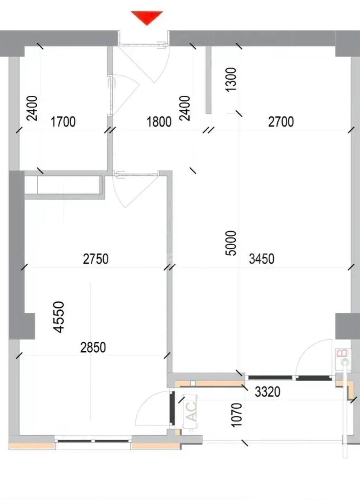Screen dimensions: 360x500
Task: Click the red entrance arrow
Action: pyautogui.click(x=147, y=18)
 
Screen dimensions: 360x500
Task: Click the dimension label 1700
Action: pyautogui.click(x=63, y=122)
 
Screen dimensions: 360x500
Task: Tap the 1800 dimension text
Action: pyautogui.click(x=159, y=122)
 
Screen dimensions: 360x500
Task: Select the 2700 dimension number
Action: pyautogui.click(x=281, y=122)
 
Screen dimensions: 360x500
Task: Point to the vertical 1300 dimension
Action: pyautogui.click(x=231, y=79)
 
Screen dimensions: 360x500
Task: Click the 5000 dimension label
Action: pyautogui.click(x=231, y=243)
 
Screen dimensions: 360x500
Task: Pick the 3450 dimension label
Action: pyautogui.click(x=261, y=259)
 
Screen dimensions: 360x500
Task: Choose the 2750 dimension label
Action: pyautogui.click(x=96, y=259)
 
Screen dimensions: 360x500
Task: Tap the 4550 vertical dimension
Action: pyautogui.click(x=59, y=317)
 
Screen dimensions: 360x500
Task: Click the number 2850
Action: pyautogui.click(x=93, y=348)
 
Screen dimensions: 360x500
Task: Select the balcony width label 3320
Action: pyautogui.click(x=267, y=392)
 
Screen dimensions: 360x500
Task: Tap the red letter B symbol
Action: pyautogui.click(x=343, y=354)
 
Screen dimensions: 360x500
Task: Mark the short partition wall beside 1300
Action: pyautogui.click(x=208, y=80)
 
